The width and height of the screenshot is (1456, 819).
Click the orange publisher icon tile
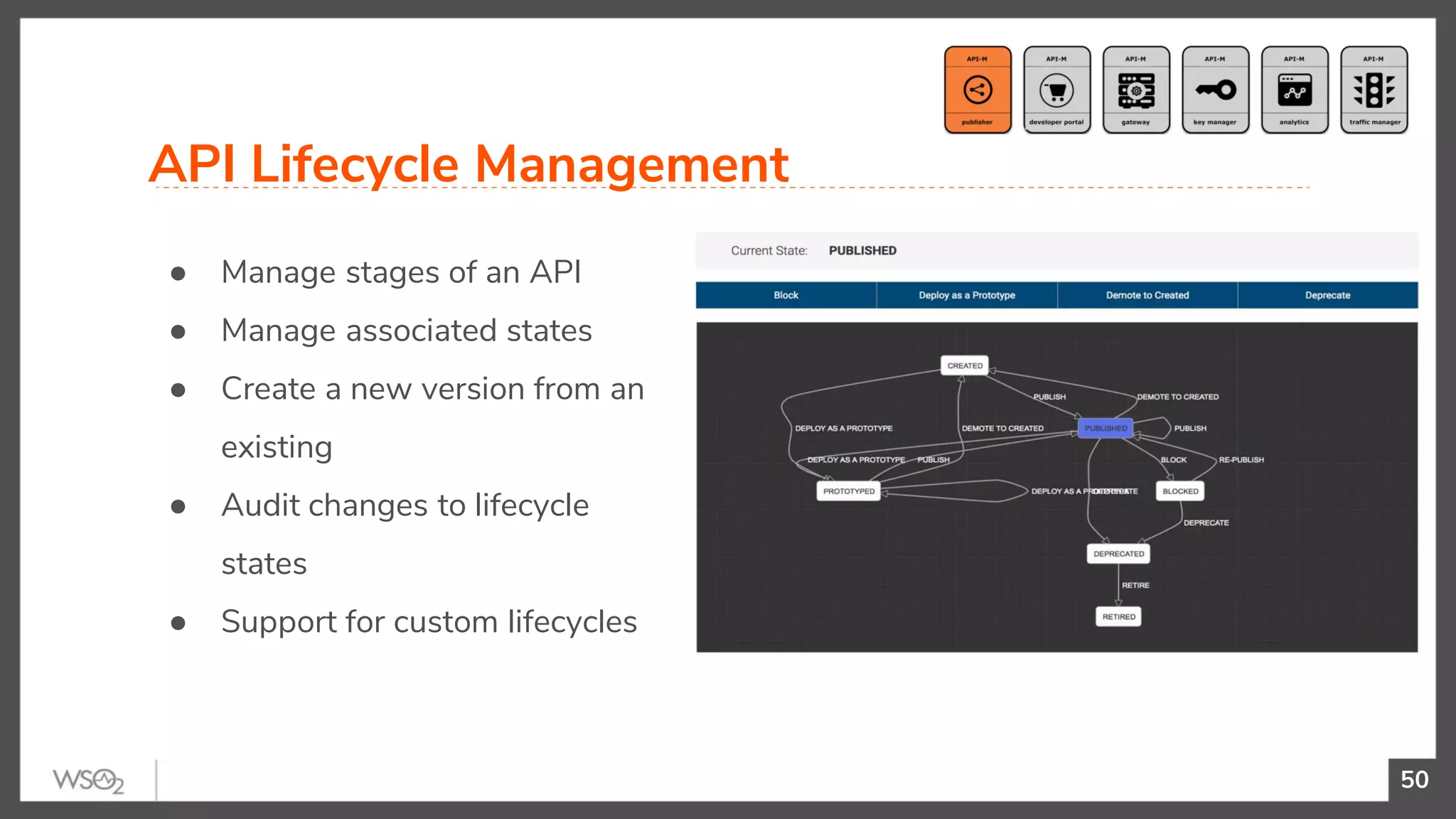[x=978, y=90]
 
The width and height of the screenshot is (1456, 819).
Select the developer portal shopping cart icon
[x=1056, y=90]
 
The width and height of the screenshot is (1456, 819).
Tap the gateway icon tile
[x=1136, y=90]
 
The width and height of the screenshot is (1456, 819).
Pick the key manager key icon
[x=1216, y=90]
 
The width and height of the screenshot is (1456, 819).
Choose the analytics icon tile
[x=1295, y=90]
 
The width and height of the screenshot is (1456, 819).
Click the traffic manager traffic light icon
[x=1374, y=90]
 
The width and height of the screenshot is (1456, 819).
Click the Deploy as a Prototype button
[x=967, y=295]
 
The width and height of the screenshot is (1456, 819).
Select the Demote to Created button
[x=1147, y=295]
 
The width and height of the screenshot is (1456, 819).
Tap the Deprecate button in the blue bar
[x=1327, y=295]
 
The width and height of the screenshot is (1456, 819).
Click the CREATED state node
[x=965, y=365]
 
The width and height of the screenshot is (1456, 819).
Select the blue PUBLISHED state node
[x=1106, y=428]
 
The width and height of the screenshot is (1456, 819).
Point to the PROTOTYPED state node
[x=849, y=491]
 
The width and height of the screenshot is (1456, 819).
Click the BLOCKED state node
[x=1180, y=491]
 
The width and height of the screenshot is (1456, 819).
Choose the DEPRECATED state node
[x=1118, y=554]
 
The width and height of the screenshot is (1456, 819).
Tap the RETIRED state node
[x=1118, y=616]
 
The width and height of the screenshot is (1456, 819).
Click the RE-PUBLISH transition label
[x=1241, y=460]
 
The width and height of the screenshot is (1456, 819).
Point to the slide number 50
[x=1414, y=780]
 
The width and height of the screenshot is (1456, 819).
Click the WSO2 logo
[x=88, y=781]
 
